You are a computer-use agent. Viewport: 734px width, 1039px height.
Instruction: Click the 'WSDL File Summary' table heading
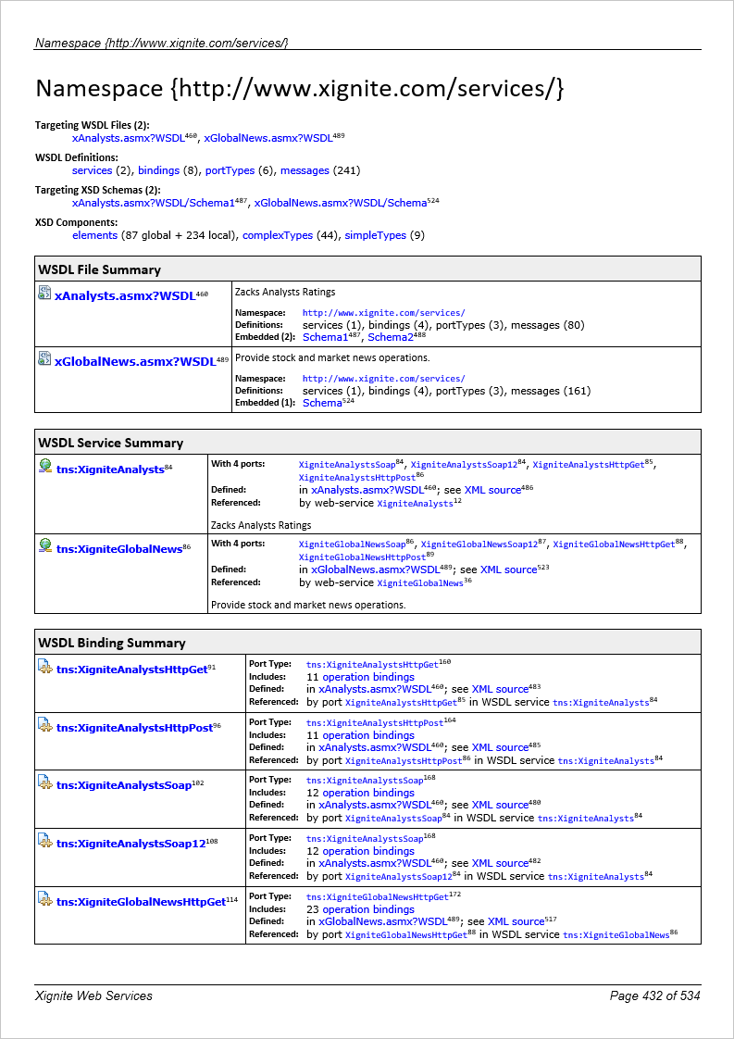[99, 269]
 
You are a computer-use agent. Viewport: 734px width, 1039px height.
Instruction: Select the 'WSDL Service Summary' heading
[110, 443]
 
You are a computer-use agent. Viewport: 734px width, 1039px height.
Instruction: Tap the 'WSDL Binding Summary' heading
[111, 643]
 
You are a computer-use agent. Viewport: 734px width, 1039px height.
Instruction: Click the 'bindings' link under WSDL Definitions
[159, 170]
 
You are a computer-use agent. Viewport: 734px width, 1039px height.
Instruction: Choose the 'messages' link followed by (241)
[305, 170]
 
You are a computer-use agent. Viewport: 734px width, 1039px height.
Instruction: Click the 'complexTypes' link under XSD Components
[278, 235]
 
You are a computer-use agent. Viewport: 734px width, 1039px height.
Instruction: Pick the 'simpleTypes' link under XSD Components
[375, 235]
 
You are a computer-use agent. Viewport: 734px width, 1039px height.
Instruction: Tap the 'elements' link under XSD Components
[94, 235]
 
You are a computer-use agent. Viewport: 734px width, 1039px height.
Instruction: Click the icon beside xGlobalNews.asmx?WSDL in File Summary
[44, 358]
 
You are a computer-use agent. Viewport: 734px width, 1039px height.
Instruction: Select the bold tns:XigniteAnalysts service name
[110, 469]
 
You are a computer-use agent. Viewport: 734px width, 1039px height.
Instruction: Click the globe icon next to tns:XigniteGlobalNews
[44, 546]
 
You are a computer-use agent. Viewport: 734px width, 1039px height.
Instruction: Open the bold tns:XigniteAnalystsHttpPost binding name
[134, 727]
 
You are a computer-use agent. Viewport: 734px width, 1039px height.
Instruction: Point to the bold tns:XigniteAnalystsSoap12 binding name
[131, 844]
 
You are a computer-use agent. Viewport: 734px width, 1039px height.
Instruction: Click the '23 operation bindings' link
[348, 909]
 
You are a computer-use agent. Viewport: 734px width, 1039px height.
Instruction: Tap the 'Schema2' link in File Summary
[390, 338]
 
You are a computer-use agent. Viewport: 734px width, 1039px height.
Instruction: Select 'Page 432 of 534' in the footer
[654, 995]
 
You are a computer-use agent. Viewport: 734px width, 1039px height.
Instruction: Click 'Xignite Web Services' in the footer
[93, 995]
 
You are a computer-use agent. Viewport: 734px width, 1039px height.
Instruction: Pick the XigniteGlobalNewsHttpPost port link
[362, 557]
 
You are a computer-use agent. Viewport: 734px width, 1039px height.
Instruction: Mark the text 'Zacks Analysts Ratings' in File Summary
[285, 292]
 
